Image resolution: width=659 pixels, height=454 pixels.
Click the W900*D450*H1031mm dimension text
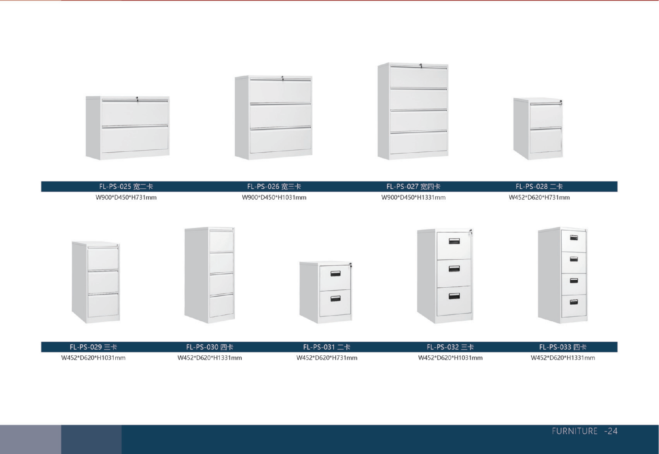pos(274,198)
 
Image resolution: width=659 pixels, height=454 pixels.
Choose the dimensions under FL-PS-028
pos(539,198)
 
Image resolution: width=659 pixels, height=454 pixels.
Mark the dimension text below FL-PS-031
pos(327,358)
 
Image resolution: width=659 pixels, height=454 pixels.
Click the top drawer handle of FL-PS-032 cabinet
pos(454,241)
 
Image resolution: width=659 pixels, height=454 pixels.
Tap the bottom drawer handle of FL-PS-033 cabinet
pos(574,302)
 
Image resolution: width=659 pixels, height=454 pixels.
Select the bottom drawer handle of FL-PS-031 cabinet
pos(335,299)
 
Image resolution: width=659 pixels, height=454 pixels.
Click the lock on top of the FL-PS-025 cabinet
pos(137,99)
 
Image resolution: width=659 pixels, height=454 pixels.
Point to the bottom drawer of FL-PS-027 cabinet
pos(419,143)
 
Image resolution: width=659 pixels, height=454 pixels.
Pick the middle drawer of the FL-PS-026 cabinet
pos(280,116)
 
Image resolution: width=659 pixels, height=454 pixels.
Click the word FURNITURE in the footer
pos(575,431)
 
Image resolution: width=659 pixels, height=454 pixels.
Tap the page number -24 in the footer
pos(611,431)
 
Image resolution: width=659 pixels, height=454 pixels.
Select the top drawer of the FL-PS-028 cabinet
pos(546,116)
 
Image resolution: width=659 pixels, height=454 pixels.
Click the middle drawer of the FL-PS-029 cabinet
pos(103,282)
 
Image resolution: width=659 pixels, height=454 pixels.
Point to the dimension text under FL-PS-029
pos(93,358)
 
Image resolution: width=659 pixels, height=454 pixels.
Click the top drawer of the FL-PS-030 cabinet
pos(221,241)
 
